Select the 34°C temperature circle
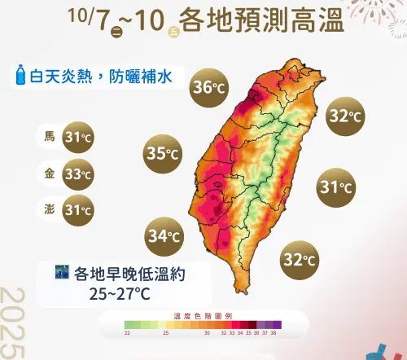click(x=164, y=237)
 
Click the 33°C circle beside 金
click(x=79, y=173)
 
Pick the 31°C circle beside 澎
click(x=79, y=210)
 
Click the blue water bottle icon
click(x=20, y=77)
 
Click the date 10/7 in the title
click(x=90, y=20)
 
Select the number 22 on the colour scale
click(x=127, y=333)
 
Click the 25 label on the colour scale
click(x=165, y=333)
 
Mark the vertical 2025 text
click(x=14, y=322)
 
